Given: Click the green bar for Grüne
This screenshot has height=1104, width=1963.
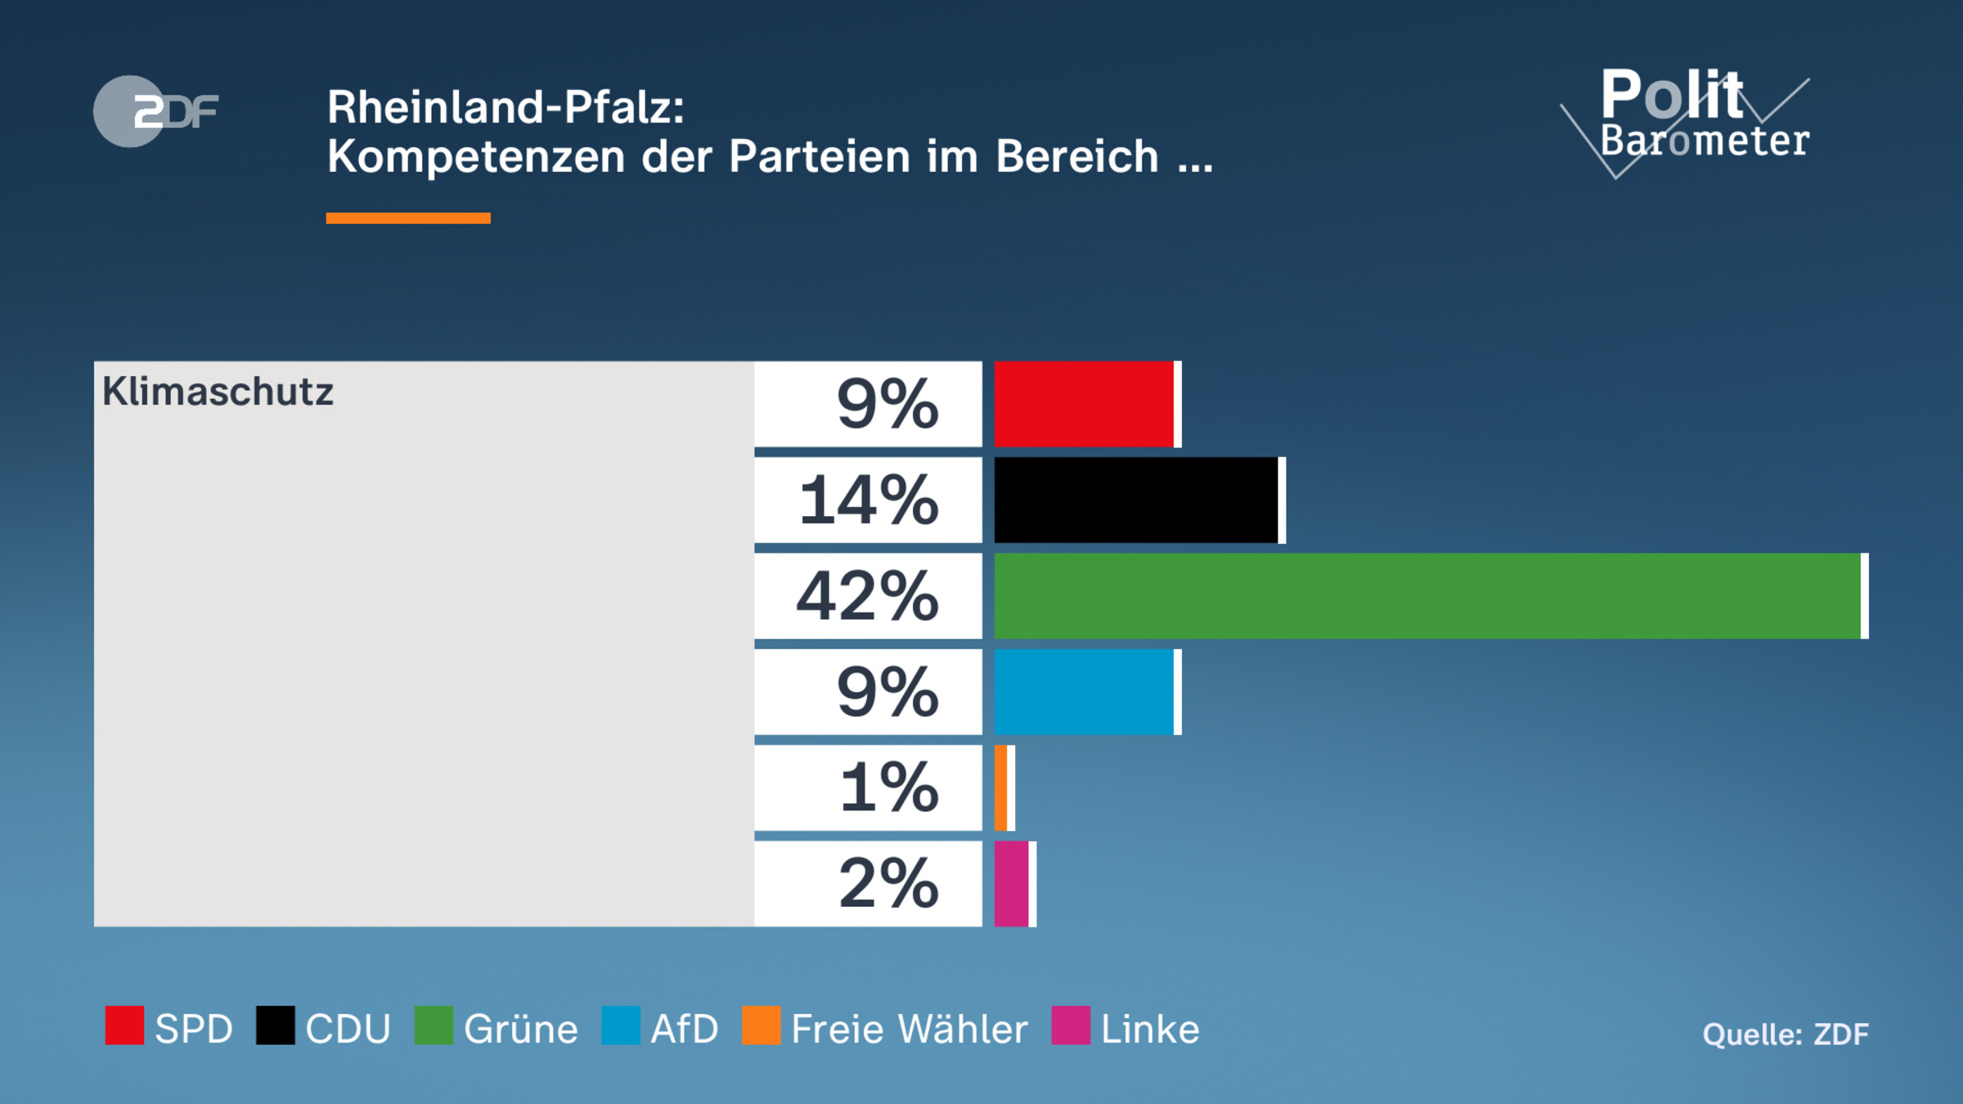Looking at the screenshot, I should pos(1427,595).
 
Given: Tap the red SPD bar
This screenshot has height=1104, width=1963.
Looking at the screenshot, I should pos(1084,404).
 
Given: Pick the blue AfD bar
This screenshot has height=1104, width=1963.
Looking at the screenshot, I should pos(1084,692).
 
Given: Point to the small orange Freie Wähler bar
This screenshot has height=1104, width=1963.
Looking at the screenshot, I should pos(1001,788).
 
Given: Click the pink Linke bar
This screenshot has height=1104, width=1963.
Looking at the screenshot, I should pos(1012,883).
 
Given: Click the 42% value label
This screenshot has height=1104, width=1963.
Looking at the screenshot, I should pos(868,596).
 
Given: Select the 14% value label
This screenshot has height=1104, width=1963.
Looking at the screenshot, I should pos(869,500).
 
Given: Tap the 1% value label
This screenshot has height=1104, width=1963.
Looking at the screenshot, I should pos(889,788).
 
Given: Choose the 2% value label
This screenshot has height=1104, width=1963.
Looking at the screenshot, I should pos(888,883).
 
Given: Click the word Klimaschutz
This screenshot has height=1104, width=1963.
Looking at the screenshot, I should pos(218,392).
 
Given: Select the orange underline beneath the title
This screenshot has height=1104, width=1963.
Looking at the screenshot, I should pos(408,218).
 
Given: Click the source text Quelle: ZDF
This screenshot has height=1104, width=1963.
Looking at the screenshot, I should pos(1786,1034).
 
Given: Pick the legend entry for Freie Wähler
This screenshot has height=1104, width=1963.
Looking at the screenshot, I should pos(885,1028).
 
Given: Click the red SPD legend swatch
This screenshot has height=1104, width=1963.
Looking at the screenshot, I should pos(124,1025).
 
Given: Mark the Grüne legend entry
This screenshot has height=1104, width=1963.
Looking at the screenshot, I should pos(496,1028).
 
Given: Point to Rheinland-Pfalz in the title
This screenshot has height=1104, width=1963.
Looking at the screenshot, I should pos(505,107).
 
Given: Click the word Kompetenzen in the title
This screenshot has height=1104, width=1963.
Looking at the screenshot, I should pos(476,156).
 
